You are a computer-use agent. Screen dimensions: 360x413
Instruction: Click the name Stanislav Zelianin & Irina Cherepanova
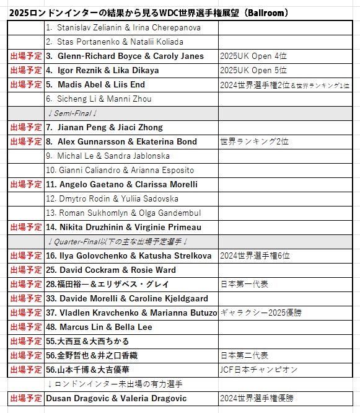click(x=124, y=28)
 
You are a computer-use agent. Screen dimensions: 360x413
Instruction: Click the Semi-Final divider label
click(x=72, y=113)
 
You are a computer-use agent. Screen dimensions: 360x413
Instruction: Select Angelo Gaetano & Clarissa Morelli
click(x=121, y=185)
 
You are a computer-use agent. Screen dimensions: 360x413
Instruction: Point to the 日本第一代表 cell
click(x=244, y=284)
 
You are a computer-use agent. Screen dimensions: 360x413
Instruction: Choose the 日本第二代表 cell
click(x=244, y=355)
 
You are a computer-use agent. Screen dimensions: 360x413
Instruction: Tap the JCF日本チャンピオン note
click(x=258, y=370)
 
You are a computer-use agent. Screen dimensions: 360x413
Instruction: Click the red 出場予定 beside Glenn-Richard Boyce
click(x=26, y=56)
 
